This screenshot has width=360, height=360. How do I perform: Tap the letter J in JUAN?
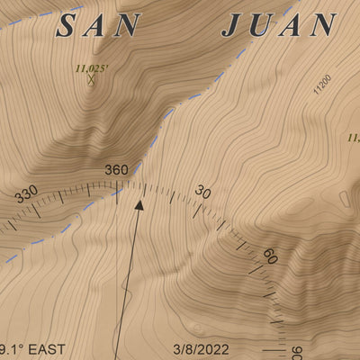[x=231, y=25]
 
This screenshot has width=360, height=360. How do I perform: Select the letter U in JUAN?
[x=261, y=25]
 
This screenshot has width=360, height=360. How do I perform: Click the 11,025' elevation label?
[x=89, y=67]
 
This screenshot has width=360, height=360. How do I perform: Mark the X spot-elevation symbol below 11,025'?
[x=91, y=79]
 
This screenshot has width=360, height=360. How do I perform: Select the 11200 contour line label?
[x=322, y=85]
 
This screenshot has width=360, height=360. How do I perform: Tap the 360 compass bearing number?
[x=117, y=170]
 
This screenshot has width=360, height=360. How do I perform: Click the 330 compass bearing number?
[x=26, y=193]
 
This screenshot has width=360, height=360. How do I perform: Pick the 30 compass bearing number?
[x=203, y=192]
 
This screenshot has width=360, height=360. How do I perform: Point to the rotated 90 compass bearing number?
[x=299, y=352]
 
